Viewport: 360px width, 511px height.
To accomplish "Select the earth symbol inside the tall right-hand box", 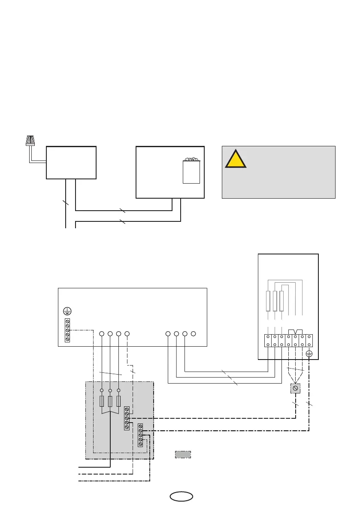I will (309, 354).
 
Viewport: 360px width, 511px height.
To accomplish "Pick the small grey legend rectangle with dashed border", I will (183, 454).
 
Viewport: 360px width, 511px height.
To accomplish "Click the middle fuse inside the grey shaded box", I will (110, 401).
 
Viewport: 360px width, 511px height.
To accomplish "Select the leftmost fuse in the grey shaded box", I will (102, 401).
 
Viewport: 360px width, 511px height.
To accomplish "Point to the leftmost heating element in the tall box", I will (268, 301).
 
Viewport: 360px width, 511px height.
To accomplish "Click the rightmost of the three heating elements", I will (281, 301).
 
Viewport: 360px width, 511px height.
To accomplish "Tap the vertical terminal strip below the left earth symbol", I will (67, 330).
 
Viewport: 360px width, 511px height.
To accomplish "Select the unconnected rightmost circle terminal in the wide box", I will (194, 333).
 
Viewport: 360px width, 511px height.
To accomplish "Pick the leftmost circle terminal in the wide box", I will (102, 333).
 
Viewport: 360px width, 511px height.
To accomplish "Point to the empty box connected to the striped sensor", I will (71, 162).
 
